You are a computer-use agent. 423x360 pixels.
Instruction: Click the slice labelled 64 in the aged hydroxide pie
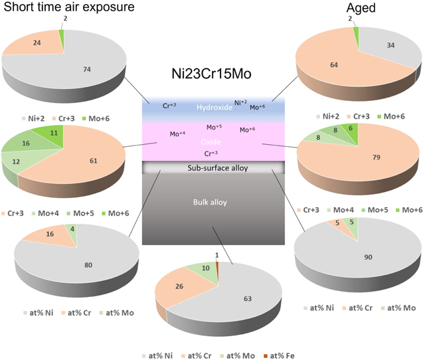(331, 64)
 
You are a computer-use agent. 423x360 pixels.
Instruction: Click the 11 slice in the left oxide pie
(54, 134)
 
